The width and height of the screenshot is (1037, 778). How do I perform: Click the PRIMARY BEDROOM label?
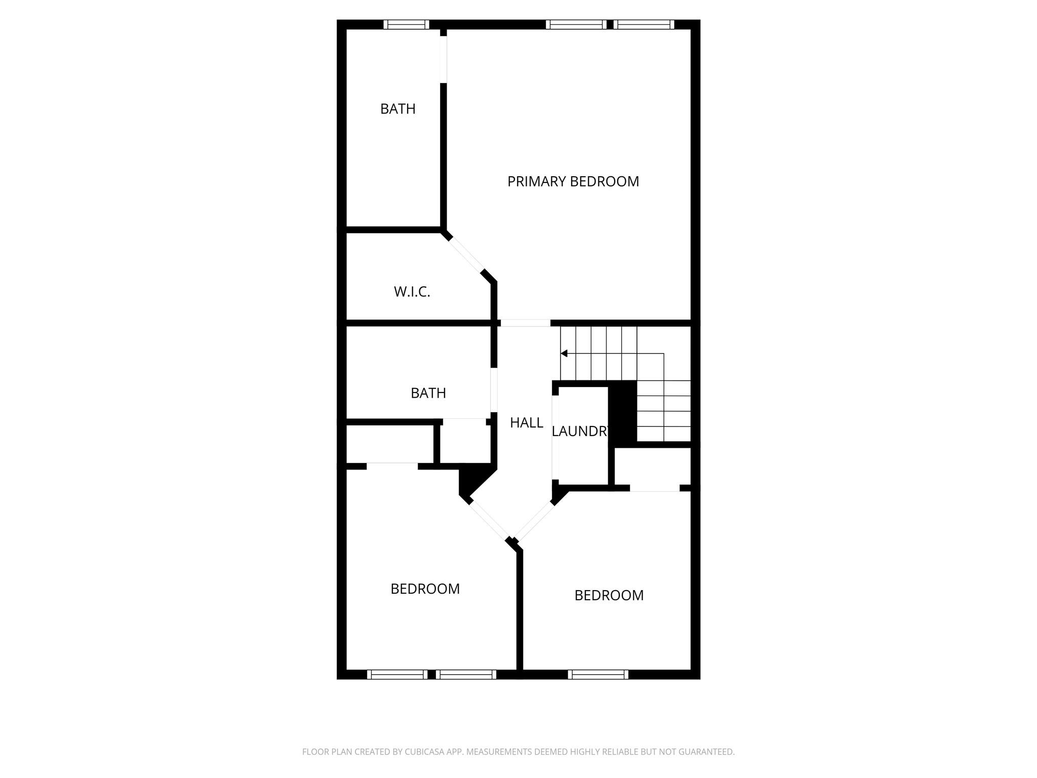coord(573,181)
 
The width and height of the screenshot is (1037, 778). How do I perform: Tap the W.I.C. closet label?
coord(412,292)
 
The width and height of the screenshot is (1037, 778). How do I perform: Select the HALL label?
coord(526,422)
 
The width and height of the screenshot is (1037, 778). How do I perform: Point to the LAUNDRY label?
coord(579,431)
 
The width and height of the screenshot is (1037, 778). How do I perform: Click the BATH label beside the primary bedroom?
coord(397,109)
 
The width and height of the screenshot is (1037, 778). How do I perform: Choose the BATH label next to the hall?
coord(428,393)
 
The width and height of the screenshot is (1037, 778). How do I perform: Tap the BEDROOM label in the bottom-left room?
coord(425,589)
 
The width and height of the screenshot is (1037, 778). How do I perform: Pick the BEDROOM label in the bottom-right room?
coord(609,595)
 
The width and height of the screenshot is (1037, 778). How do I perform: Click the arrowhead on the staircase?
coord(564,353)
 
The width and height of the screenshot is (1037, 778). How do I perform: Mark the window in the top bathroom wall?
coord(406,24)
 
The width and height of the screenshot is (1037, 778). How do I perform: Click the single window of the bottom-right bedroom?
coord(597,674)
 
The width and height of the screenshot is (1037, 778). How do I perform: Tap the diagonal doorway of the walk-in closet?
coord(466,255)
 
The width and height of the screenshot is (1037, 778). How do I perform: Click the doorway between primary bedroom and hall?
coord(525,323)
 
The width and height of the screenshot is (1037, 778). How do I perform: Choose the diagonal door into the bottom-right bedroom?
coord(535,521)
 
